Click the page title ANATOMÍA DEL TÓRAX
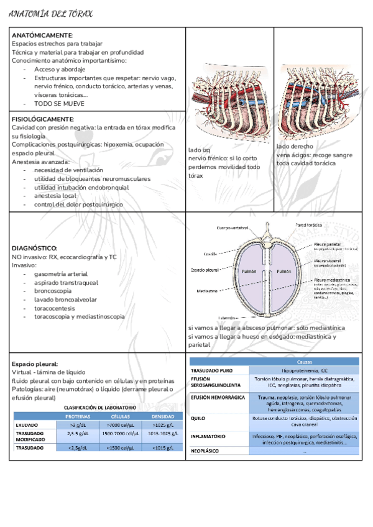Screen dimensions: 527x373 [x=51, y=13]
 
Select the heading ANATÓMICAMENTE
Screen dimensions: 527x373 [x=42, y=36]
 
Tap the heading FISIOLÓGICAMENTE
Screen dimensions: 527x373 [x=43, y=118]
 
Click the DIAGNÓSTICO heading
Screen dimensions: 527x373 [x=35, y=248]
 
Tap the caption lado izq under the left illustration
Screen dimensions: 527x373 [x=199, y=150]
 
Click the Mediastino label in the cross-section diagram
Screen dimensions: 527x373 [x=207, y=290]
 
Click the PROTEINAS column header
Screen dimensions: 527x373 [x=78, y=416]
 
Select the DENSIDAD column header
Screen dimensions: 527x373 [x=163, y=416]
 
